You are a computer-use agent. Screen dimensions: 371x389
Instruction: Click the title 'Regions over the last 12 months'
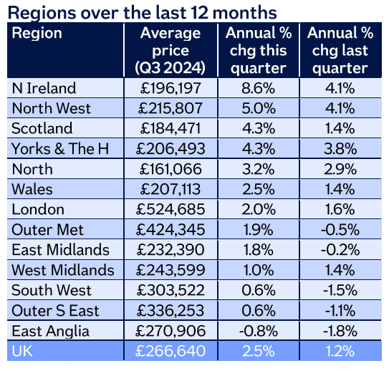pos(143,12)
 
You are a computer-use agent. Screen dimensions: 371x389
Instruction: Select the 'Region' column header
pos(37,34)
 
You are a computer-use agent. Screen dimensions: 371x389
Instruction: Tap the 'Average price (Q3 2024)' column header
pos(170,51)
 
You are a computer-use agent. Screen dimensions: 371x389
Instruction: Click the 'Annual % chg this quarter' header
pos(256,51)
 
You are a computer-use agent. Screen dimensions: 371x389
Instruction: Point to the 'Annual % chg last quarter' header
pos(337,51)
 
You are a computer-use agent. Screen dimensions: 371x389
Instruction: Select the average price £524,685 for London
pos(171,210)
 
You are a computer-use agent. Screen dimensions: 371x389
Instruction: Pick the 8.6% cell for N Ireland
pos(256,88)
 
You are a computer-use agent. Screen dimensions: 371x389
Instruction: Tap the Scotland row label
pos(42,129)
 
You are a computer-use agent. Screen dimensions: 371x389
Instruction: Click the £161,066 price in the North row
pos(171,170)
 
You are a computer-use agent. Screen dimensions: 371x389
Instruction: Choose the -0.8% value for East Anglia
pos(256,332)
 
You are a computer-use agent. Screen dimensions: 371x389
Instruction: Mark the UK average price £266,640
pos(171,352)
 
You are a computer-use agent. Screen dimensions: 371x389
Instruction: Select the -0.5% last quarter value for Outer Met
pos(337,230)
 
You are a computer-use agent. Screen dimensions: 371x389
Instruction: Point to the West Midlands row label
pos(63,271)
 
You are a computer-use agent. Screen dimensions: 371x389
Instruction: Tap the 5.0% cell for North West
pos(256,109)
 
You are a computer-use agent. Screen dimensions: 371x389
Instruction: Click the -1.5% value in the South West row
pos(337,291)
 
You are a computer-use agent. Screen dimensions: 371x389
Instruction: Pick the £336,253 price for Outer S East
pos(171,311)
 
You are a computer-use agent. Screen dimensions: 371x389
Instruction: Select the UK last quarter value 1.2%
pos(337,352)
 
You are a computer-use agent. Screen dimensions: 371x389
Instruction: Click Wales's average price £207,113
pos(171,190)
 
